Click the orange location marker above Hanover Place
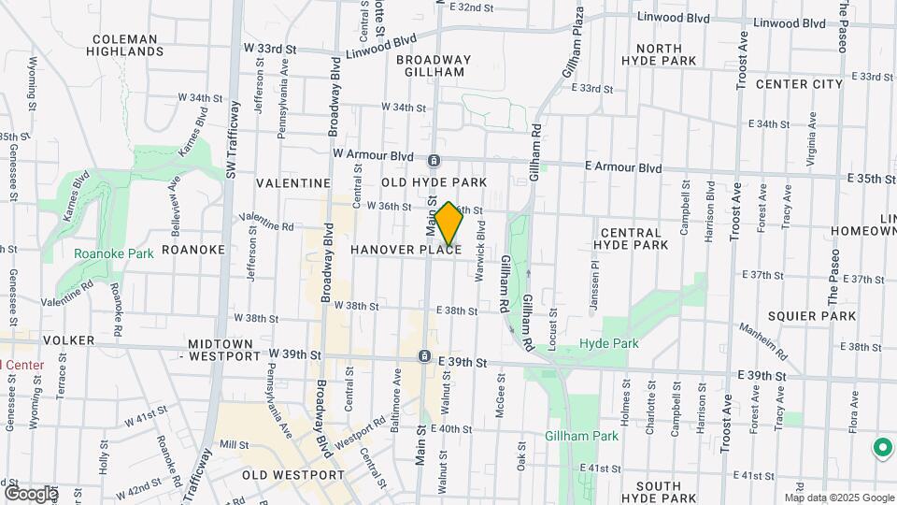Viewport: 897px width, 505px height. [x=448, y=224]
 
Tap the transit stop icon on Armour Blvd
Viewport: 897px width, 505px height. [x=434, y=161]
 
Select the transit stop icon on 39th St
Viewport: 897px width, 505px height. [x=424, y=357]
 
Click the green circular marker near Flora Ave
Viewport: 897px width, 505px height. [x=881, y=448]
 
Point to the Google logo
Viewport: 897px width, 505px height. [x=31, y=493]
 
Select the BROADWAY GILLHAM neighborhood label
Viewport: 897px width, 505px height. [x=432, y=65]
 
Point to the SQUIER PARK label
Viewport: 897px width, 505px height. [x=809, y=316]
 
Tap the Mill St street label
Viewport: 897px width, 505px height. [x=232, y=445]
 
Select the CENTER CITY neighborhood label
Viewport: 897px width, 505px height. [x=799, y=84]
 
